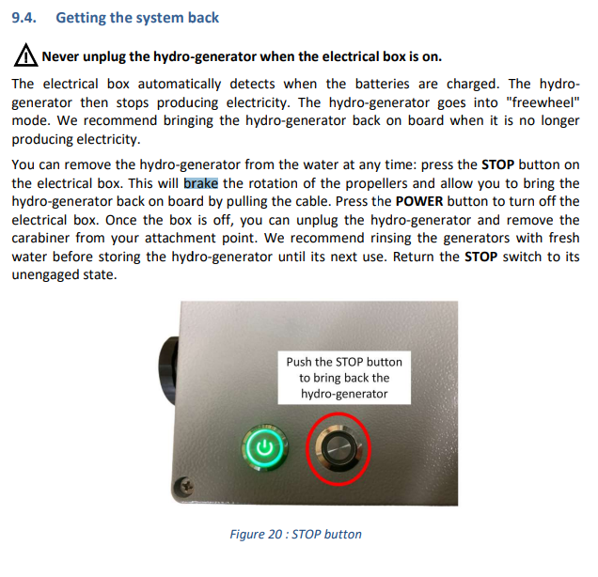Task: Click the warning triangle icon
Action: click(x=25, y=56)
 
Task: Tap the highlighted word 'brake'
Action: click(x=200, y=184)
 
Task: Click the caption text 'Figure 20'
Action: click(x=257, y=535)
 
